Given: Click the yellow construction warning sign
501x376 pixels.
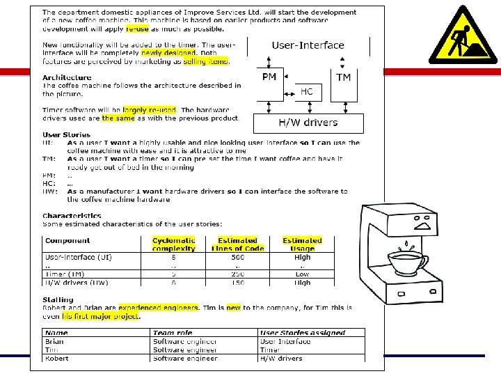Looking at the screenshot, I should pyautogui.click(x=463, y=37).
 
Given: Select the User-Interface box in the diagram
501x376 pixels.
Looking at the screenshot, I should pyautogui.click(x=308, y=45).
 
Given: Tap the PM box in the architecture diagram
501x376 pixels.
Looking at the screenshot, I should pyautogui.click(x=269, y=77).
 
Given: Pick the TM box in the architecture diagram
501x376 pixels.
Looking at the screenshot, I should pyautogui.click(x=344, y=78).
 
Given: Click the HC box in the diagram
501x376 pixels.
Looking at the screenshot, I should pyautogui.click(x=306, y=92).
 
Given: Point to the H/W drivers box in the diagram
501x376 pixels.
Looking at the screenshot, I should pyautogui.click(x=308, y=123).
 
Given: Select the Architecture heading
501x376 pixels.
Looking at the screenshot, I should pyautogui.click(x=67, y=77).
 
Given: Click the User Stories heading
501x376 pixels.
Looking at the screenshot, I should pyautogui.click(x=66, y=134).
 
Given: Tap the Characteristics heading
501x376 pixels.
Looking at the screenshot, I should pyautogui.click(x=72, y=216).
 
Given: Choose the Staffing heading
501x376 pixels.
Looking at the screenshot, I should pyautogui.click(x=58, y=299).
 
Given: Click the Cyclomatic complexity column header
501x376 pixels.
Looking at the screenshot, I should pyautogui.click(x=173, y=244).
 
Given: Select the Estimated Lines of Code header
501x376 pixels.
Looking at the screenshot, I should pyautogui.click(x=237, y=244).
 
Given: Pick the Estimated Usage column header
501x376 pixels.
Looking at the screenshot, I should pyautogui.click(x=302, y=244).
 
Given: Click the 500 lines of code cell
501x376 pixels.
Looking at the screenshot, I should pyautogui.click(x=237, y=257).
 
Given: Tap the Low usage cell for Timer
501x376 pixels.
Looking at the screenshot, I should pyautogui.click(x=302, y=274).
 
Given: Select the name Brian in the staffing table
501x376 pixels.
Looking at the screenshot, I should pyautogui.click(x=54, y=342).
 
